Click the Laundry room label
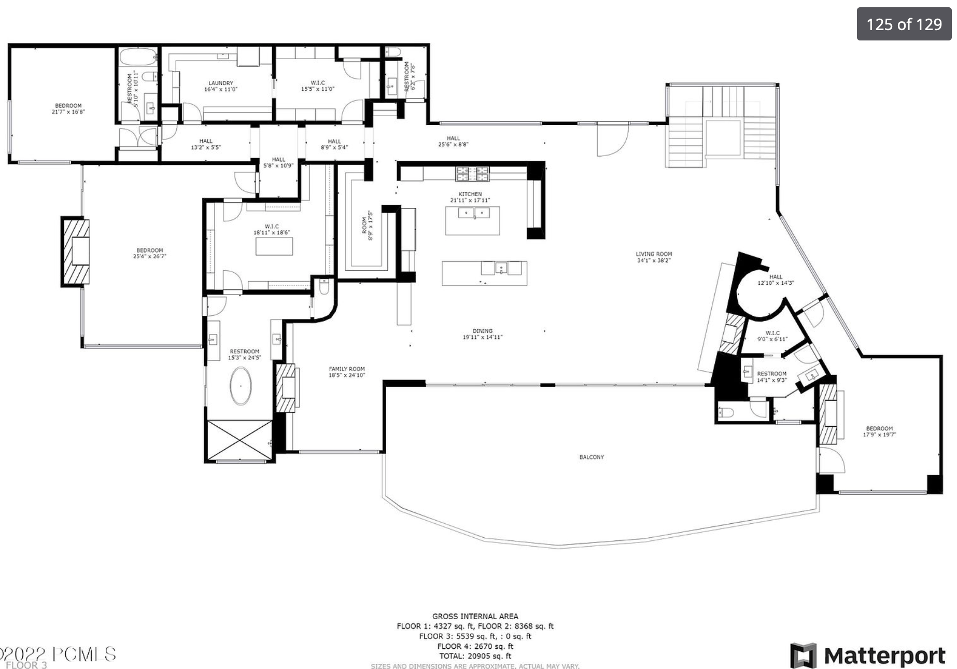pyautogui.click(x=221, y=86)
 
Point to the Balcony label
pyautogui.click(x=592, y=457)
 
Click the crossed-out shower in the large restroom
pyautogui.click(x=239, y=439)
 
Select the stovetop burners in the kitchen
pyautogui.click(x=472, y=174)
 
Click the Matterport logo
pyautogui.click(x=868, y=656)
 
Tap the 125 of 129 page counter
pyautogui.click(x=904, y=24)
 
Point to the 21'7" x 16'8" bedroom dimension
pyautogui.click(x=68, y=112)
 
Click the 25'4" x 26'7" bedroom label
pyautogui.click(x=149, y=253)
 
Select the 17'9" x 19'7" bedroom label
pyautogui.click(x=879, y=431)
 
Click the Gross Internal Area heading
pyautogui.click(x=475, y=616)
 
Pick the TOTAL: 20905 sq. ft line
pyautogui.click(x=475, y=656)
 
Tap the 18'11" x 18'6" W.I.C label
pyautogui.click(x=271, y=230)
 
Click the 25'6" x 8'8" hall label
pyautogui.click(x=453, y=142)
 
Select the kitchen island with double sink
pyautogui.click(x=472, y=220)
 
